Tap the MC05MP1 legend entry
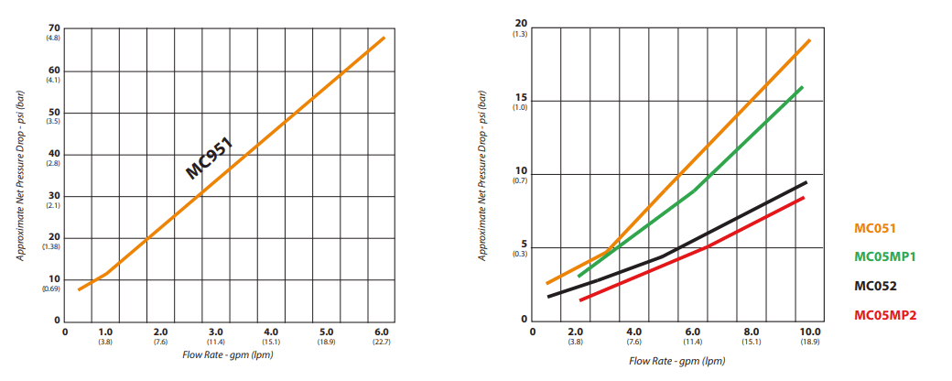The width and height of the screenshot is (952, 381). point(885,256)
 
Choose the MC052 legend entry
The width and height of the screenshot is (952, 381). point(875,286)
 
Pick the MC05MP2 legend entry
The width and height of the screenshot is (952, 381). point(885,315)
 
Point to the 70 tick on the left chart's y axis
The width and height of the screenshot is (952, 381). point(55,28)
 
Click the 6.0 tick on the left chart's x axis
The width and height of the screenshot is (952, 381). point(382,332)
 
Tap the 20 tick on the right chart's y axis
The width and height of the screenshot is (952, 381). point(522,24)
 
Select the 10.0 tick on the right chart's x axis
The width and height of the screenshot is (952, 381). point(809,331)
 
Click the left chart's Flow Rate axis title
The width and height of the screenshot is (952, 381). point(227,354)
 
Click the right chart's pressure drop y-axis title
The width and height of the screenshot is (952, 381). point(482,175)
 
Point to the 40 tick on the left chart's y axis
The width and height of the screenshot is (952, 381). point(55,154)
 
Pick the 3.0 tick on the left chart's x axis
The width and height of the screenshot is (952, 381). point(216,332)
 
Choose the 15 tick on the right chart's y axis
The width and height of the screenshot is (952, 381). point(522,98)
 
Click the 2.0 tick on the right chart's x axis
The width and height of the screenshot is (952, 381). point(575,331)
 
